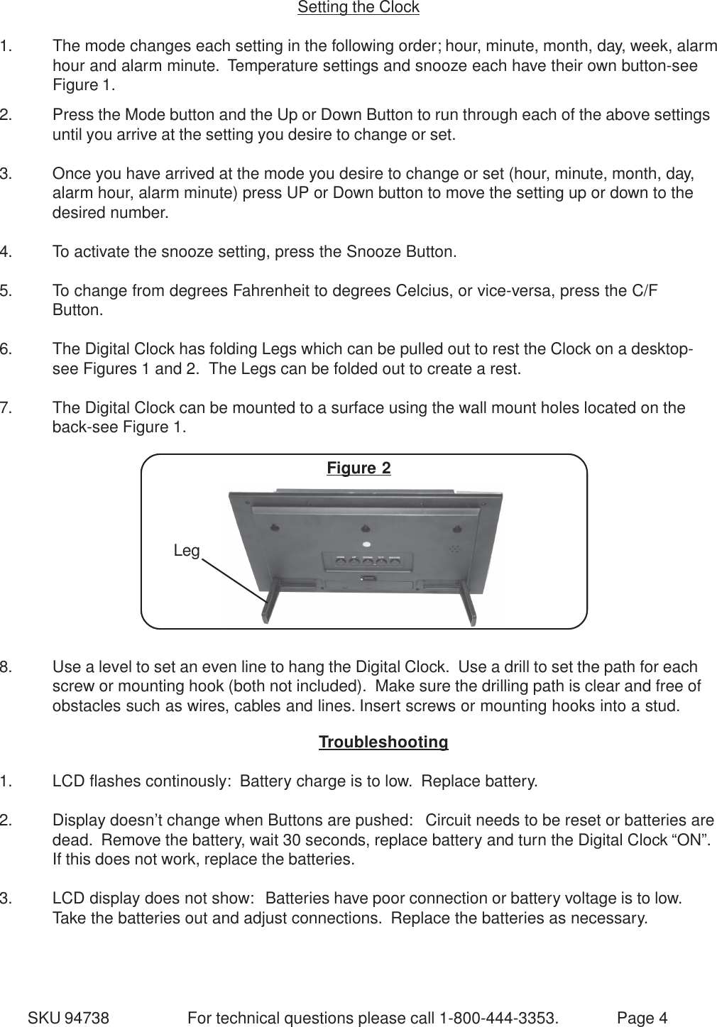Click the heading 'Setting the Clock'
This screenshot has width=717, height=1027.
358,8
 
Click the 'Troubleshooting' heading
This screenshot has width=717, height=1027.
383,742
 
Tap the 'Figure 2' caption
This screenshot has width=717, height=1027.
358,468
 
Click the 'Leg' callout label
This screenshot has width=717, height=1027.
187,551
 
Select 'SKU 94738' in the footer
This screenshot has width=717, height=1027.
68,1018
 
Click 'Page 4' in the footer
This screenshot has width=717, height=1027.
642,1018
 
